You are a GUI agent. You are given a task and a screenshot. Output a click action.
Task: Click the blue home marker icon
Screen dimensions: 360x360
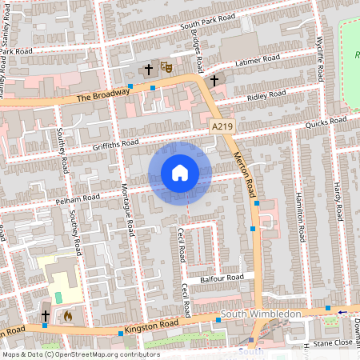click(180, 173)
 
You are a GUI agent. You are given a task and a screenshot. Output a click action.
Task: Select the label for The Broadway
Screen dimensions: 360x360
click(102, 95)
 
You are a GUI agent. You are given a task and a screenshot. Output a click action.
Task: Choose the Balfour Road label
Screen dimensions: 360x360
click(222, 278)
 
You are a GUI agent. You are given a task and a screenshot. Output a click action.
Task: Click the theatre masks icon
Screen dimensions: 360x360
click(168, 69)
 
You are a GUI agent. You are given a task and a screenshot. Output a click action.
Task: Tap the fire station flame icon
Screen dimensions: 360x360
click(67, 316)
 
